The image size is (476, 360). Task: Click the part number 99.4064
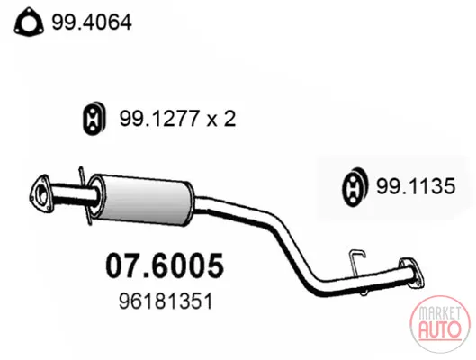click(92, 22)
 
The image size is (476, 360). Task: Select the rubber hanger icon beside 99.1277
click(94, 119)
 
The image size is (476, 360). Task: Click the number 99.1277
click(159, 119)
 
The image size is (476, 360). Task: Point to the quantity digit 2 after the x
click(229, 119)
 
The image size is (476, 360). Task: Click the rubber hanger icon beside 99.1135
click(355, 186)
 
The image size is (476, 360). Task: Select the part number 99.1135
click(416, 186)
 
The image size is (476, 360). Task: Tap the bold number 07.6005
click(165, 265)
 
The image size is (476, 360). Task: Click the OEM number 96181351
click(166, 301)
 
